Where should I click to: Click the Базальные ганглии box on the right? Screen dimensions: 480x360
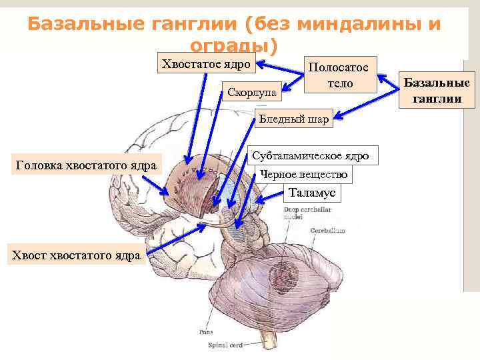pyautogui.click(x=437, y=91)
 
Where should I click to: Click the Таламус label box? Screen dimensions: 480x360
pyautogui.click(x=313, y=193)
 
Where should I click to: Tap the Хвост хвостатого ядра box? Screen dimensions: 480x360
pyautogui.click(x=73, y=255)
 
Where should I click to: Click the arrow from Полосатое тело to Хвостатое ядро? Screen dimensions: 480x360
pyautogui.click(x=280, y=67)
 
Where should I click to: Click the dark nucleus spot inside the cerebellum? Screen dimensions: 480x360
pyautogui.click(x=287, y=274)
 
